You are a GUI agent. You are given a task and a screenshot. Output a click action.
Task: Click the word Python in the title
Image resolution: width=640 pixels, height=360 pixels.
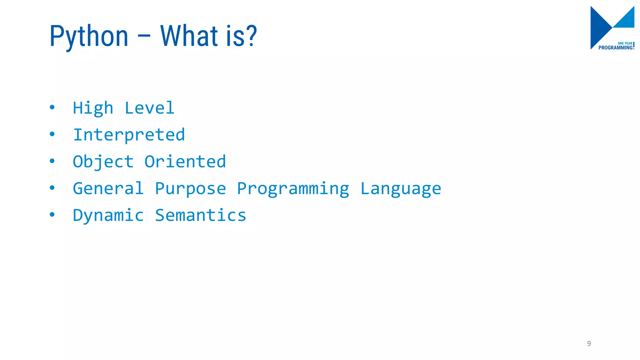pos(89,37)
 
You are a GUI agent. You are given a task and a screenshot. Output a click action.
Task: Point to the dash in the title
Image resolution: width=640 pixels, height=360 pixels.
pos(144,37)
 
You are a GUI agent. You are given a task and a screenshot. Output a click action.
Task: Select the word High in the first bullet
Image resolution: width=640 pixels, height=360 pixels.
pos(93,108)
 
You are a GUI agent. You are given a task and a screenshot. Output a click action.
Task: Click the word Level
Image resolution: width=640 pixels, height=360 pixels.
pos(149,108)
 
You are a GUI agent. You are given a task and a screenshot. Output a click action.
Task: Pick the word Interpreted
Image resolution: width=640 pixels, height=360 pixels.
pos(129,135)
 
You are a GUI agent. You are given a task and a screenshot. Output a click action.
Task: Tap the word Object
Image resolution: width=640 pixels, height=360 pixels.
pos(103,162)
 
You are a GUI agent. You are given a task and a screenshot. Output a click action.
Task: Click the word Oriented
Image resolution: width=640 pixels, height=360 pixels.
pos(185,162)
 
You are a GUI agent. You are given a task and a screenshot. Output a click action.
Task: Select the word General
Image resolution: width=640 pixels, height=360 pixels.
pos(108,188)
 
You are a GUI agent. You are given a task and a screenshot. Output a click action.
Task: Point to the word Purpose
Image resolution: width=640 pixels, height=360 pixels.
pos(190,189)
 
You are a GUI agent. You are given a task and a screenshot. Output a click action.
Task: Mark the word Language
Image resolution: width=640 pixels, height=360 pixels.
pos(401,189)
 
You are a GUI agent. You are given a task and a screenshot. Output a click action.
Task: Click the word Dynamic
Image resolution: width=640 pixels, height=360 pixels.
pos(108,216)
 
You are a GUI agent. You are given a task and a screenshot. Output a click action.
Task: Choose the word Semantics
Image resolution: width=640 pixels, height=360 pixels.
pos(201,215)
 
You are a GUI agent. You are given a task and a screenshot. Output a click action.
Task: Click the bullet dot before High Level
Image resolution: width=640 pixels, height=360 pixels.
pos(52,107)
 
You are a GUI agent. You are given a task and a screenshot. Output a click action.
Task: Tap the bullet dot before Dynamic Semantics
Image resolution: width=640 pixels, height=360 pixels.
pos(52,215)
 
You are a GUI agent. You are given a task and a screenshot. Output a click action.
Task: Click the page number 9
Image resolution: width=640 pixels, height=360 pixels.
pos(589,343)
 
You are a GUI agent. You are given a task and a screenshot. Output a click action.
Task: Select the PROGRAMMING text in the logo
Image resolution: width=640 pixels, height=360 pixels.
pos(615,48)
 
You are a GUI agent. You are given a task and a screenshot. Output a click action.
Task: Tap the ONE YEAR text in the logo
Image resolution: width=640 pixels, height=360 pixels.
pos(625,43)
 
